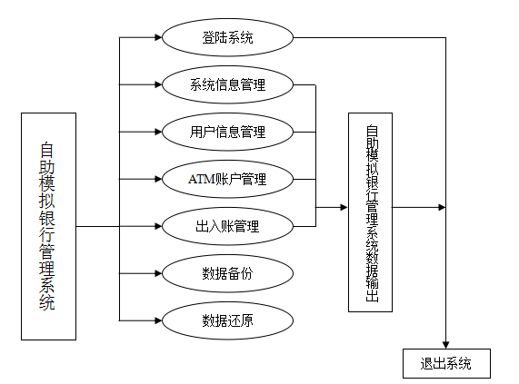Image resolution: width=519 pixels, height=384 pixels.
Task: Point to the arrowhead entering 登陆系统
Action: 158,37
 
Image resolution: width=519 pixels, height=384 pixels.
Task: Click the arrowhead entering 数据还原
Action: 158,320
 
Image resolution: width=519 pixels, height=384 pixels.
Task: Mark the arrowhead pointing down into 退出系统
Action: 446,345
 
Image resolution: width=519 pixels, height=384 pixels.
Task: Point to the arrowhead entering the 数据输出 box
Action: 344,208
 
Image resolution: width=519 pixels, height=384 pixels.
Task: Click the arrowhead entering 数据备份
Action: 158,273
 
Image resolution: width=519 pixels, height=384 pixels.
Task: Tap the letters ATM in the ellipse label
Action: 202,180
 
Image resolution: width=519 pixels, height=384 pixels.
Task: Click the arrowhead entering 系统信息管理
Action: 158,84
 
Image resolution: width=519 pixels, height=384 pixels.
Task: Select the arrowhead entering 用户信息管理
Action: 158,132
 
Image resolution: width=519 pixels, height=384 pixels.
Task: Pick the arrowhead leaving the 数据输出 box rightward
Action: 442,208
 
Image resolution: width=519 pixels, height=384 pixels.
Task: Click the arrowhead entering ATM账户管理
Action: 158,179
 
